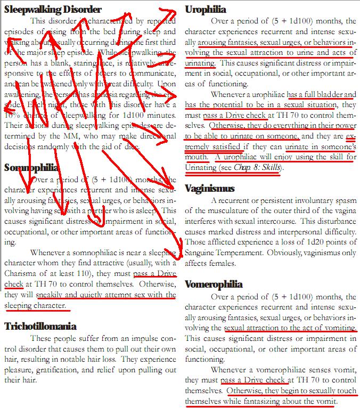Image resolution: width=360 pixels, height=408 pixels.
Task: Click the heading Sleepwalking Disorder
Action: tap(52, 9)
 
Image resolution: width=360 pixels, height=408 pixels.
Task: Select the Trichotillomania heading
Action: tap(40, 326)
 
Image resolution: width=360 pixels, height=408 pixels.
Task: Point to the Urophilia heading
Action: tap(206, 9)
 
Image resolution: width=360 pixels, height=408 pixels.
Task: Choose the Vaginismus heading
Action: tap(209, 188)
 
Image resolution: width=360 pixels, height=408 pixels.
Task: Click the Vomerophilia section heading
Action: tap(214, 284)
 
